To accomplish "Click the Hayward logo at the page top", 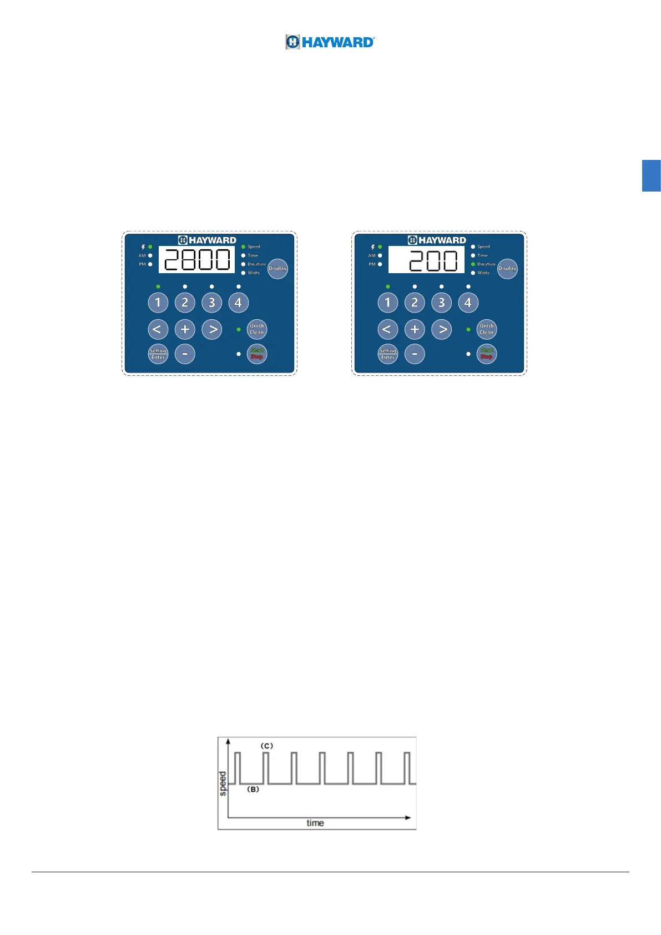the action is tap(330, 42).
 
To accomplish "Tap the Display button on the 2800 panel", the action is tap(277, 269).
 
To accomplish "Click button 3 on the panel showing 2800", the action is tap(211, 303).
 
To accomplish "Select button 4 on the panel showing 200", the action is tap(468, 303).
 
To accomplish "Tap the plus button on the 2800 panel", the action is tap(185, 329).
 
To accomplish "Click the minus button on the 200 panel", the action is tap(415, 354).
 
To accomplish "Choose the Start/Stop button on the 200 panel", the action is tap(487, 354).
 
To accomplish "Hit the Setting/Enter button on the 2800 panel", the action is tap(158, 354).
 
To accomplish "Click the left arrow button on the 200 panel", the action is tap(387, 329).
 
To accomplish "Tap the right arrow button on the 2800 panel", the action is tap(212, 329).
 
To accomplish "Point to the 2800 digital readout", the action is tap(196, 260).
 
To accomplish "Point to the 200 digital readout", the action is tap(426, 260).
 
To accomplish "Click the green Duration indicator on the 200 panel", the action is tap(473, 264).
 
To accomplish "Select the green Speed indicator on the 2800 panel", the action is tap(243, 247).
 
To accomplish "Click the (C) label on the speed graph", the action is tap(267, 746).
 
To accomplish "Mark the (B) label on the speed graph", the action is tap(253, 789).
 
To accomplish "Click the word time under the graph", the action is tap(315, 823).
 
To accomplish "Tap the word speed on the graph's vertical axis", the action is tap(223, 783).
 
